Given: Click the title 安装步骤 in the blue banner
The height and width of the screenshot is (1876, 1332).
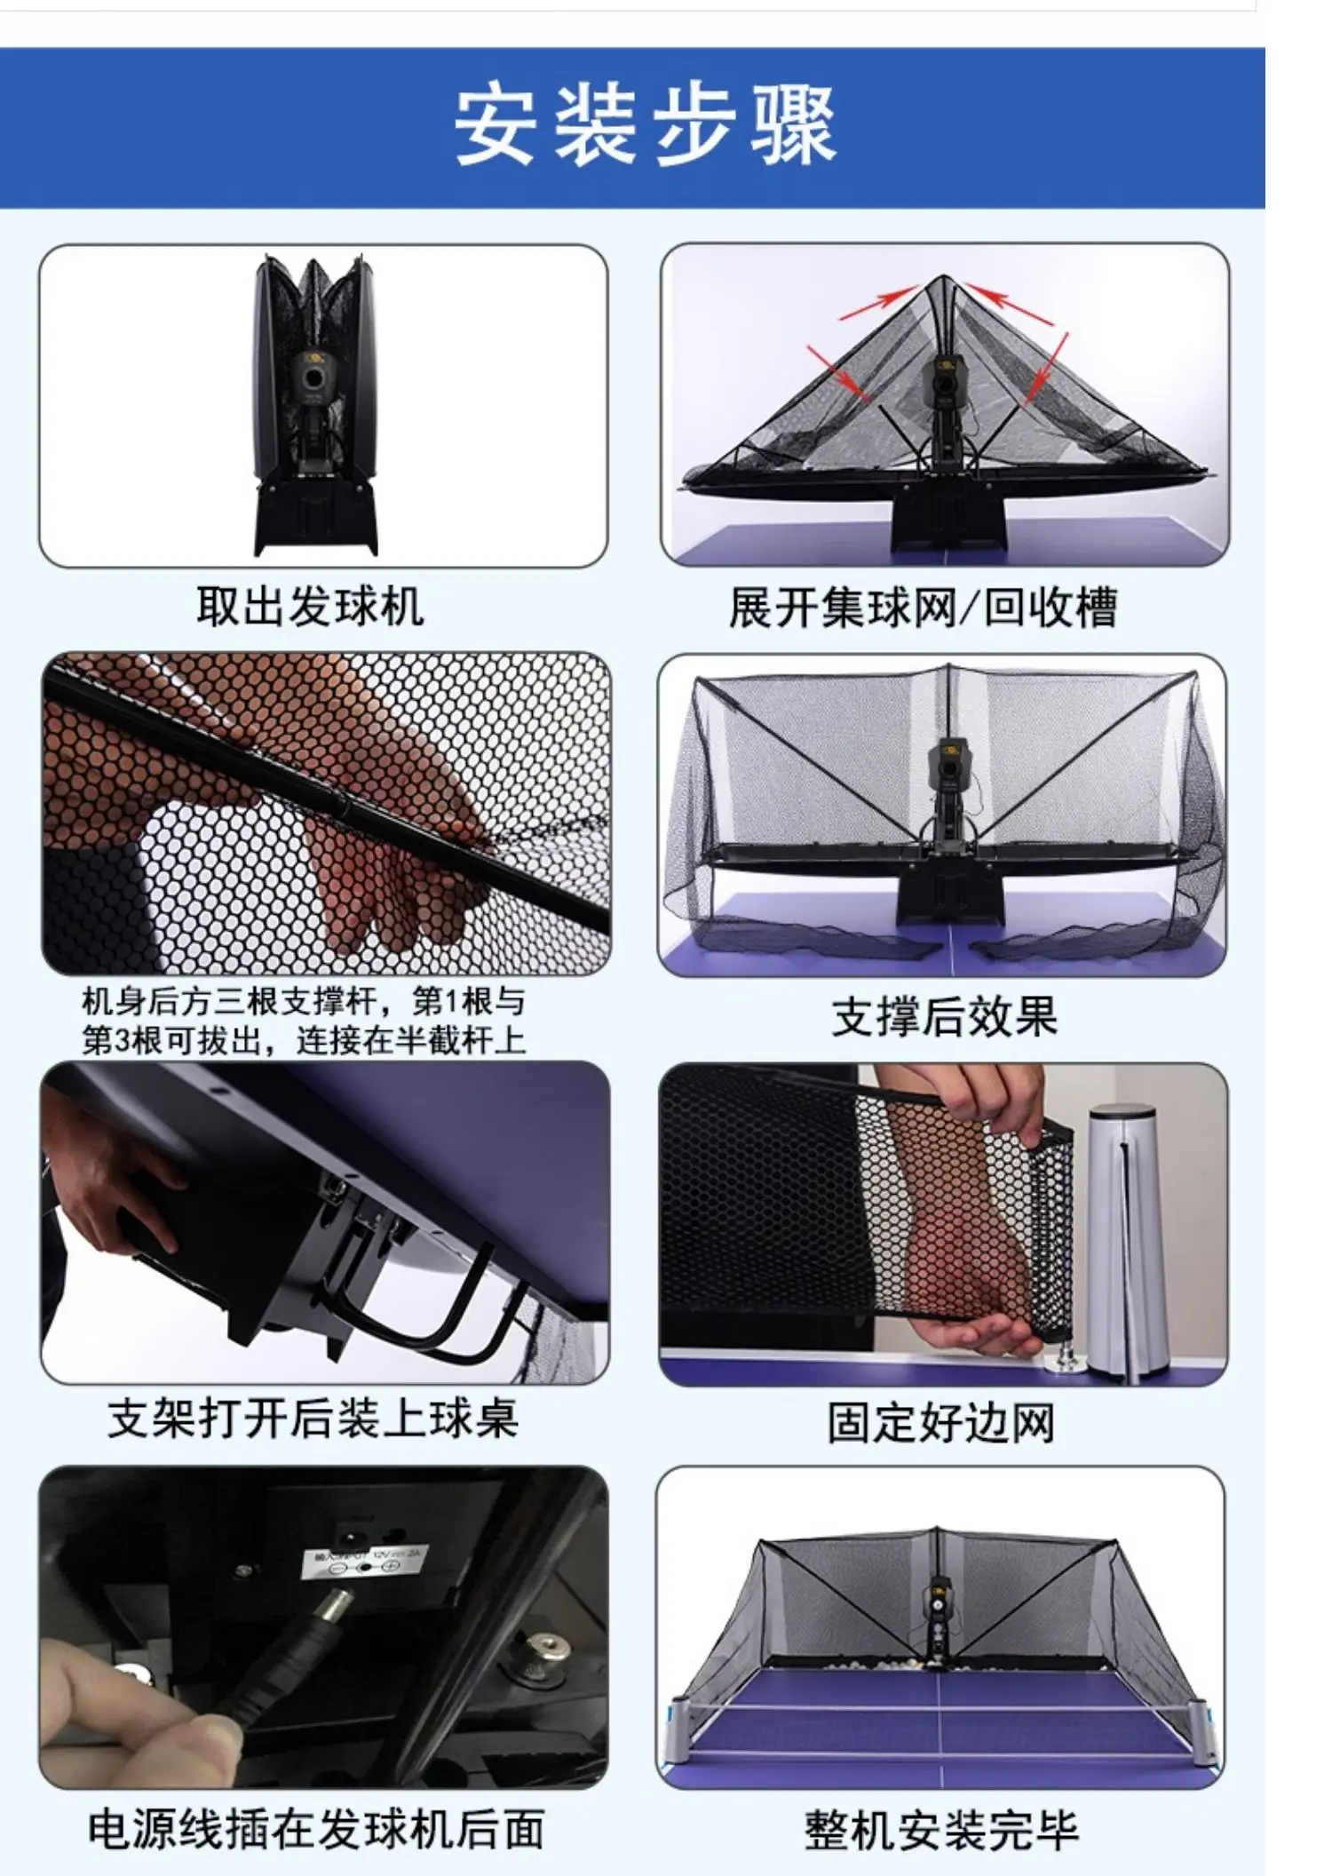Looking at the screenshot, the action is pos(646,125).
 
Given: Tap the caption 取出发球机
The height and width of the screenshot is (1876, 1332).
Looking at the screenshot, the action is pos(310,608).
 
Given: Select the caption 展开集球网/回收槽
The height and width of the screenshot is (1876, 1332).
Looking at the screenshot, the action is pos(922,608).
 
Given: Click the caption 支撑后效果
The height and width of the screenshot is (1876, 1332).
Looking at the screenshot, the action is pos(944,1016).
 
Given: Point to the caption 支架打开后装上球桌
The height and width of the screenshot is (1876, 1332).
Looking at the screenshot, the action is pos(313,1419).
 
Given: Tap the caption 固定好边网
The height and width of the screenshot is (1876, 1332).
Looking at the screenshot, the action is pos(941,1423).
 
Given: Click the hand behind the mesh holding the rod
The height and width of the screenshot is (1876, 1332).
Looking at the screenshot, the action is pos(391,844).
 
